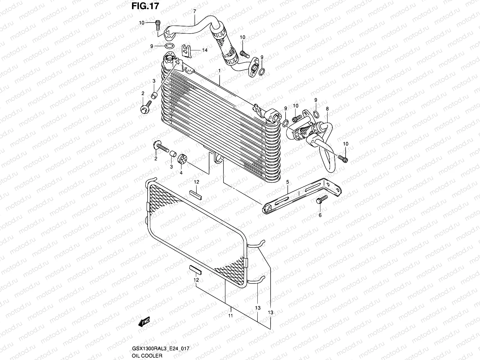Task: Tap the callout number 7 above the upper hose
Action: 194,11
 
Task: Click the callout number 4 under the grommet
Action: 181,173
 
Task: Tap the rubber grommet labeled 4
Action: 182,159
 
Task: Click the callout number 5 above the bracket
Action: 287,182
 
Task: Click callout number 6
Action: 320,215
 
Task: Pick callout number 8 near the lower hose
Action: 327,109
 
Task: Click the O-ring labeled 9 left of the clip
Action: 169,46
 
